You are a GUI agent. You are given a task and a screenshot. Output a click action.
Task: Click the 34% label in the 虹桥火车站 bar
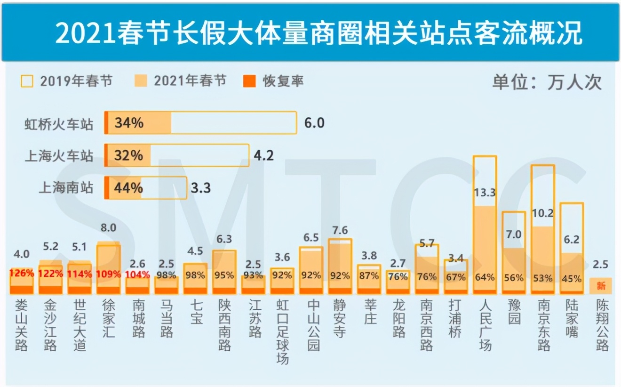129,123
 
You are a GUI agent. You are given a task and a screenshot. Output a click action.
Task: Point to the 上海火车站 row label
59,156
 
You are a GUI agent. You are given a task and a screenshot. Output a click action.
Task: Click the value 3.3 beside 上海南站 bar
201,188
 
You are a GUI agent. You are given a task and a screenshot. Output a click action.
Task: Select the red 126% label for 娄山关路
22,274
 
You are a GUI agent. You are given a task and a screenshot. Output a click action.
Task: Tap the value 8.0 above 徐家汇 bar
108,228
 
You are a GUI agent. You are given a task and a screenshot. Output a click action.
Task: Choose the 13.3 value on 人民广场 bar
485,192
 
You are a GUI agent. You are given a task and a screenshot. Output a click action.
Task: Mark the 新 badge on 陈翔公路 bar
601,285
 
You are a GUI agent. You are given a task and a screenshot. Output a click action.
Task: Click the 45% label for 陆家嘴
572,279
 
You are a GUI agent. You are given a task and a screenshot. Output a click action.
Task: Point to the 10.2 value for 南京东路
542,213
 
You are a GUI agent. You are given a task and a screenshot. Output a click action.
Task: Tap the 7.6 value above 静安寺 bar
339,230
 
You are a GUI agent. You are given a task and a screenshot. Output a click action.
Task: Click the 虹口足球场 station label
282,332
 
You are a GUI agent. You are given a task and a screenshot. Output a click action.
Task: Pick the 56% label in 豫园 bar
513,278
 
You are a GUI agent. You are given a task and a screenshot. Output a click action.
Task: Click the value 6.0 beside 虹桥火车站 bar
314,123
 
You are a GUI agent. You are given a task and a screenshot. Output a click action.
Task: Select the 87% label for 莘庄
369,276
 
